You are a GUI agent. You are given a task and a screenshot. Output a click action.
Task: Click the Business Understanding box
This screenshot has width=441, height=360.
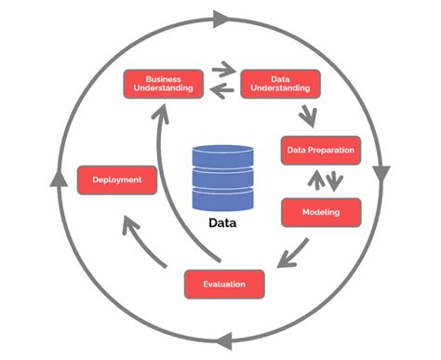tap(163, 83)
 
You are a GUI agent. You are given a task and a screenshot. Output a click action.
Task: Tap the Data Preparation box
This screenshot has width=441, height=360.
tap(319, 150)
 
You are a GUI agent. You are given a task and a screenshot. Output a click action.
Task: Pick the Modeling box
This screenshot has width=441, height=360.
tap(319, 212)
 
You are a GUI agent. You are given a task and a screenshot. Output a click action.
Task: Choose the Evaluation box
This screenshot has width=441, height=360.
tap(223, 281)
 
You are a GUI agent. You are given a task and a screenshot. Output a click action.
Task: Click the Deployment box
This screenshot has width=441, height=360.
tap(116, 180)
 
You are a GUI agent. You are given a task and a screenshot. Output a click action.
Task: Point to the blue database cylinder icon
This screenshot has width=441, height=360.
tap(222, 178)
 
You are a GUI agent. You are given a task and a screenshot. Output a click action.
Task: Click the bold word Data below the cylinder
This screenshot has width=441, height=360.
tap(222, 223)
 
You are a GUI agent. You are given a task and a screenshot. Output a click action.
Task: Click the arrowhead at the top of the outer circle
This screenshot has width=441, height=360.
tap(220, 18)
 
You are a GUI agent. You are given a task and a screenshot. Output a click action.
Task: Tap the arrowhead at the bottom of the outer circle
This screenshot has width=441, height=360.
tap(221, 340)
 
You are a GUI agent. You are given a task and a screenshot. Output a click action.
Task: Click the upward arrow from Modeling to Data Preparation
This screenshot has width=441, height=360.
tap(311, 180)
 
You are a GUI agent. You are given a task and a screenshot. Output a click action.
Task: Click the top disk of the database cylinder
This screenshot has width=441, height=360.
tap(222, 153)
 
